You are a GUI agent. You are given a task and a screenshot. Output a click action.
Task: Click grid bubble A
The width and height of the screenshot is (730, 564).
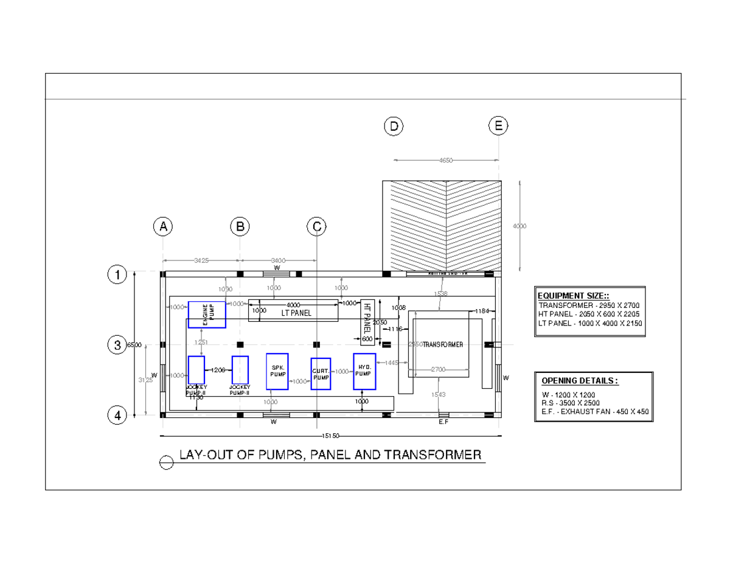[x=163, y=227]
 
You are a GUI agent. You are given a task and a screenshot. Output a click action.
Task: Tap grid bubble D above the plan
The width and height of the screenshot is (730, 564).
[x=394, y=127]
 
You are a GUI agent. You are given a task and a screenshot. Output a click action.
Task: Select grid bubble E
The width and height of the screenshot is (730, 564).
[x=498, y=127]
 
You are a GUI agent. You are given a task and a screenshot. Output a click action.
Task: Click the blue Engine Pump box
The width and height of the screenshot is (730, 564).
[x=207, y=314]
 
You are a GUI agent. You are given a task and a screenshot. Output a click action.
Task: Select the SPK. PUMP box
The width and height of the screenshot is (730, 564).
[x=277, y=371]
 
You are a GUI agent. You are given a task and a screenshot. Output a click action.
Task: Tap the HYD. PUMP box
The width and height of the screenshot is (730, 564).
[x=364, y=371]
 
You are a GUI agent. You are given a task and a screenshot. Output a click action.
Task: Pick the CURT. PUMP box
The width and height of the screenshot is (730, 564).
[x=321, y=374]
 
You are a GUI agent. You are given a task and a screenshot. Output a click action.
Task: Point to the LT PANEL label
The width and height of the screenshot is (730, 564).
[x=296, y=313]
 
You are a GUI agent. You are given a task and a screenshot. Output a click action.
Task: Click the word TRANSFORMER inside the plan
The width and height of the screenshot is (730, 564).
[x=443, y=344]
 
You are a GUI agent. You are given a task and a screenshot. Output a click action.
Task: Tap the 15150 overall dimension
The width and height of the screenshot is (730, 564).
[x=330, y=436]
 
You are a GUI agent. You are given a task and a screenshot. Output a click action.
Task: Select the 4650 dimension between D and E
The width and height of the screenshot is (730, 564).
[x=446, y=160]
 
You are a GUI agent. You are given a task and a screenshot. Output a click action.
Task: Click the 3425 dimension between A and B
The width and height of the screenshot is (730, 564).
[x=201, y=260]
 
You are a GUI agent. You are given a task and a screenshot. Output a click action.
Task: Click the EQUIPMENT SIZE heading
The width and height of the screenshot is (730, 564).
[x=567, y=295]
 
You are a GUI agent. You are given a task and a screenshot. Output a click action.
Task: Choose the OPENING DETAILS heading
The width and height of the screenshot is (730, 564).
[x=580, y=381]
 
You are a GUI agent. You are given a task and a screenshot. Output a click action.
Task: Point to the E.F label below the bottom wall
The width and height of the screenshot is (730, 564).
[x=443, y=422]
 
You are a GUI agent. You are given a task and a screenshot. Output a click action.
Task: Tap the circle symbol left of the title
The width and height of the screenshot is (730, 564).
[x=166, y=463]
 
